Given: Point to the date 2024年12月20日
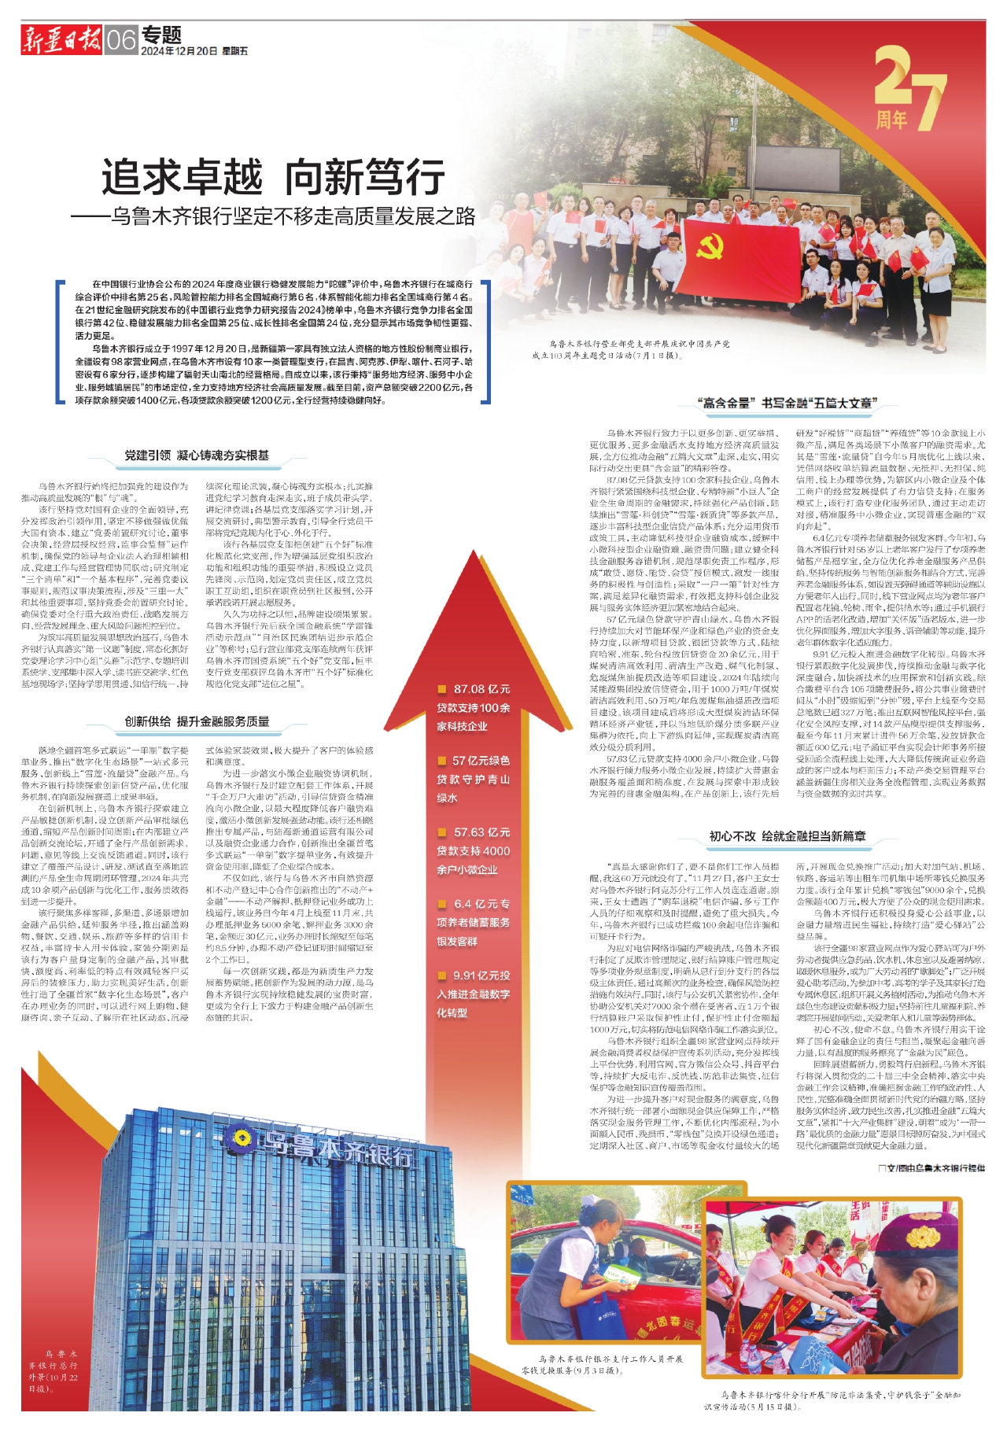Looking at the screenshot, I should [x=179, y=51].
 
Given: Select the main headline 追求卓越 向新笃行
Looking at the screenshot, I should [x=273, y=176].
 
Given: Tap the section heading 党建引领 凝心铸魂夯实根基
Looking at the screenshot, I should [x=197, y=455].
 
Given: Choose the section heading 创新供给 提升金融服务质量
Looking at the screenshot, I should [x=197, y=721].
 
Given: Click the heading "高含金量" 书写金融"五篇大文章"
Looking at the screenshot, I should [x=786, y=403].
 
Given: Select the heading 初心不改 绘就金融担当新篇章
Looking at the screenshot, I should [x=787, y=836].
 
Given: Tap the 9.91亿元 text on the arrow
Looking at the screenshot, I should [x=481, y=975].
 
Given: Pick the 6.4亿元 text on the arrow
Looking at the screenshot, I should [x=481, y=904].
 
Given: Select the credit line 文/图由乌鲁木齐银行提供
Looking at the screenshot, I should [x=931, y=1168].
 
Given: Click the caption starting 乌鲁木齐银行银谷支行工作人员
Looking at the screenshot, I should [x=610, y=1359].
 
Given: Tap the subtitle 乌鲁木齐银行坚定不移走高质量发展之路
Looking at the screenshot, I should [x=273, y=216].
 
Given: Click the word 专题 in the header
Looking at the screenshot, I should [x=163, y=34].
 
